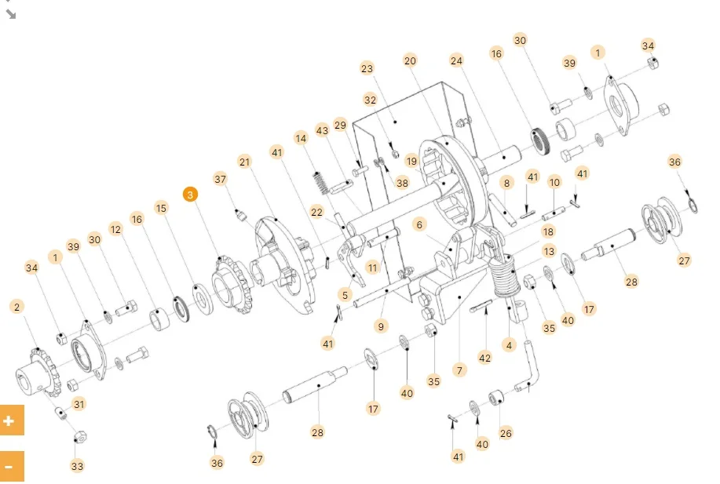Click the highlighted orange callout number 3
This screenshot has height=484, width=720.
[x=191, y=194]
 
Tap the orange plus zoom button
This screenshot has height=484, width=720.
[x=9, y=420]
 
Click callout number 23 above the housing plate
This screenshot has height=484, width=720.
[x=367, y=68]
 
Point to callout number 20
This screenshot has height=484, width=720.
[x=409, y=60]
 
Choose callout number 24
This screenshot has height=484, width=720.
[x=457, y=60]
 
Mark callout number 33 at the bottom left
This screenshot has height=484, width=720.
[x=77, y=466]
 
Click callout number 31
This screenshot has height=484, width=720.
[x=79, y=404]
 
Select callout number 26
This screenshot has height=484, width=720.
[x=506, y=431]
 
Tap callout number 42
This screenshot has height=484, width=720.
[x=484, y=358]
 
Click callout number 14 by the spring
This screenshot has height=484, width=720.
[x=301, y=139]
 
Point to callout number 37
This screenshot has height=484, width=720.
[x=220, y=179]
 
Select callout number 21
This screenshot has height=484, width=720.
[x=244, y=162]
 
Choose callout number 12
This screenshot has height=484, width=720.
[x=116, y=229]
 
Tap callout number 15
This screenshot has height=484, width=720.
[x=161, y=208]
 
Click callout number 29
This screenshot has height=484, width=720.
[x=340, y=125]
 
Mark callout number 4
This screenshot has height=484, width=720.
[x=509, y=344]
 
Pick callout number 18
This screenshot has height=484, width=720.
[x=548, y=231]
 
